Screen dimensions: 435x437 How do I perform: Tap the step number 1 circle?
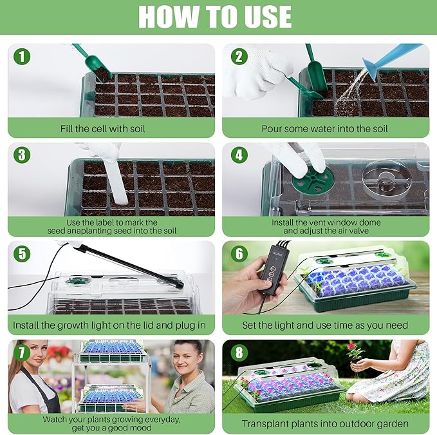(x=23, y=57)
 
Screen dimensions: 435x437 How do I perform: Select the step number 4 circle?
(x=237, y=155)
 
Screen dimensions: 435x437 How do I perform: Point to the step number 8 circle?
(x=237, y=353)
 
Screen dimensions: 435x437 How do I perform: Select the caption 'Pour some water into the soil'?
(x=325, y=128)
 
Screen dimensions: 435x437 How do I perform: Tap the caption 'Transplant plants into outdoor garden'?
(x=325, y=423)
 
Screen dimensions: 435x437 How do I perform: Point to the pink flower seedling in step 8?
(x=354, y=352)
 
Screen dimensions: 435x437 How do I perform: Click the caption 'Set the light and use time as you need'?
(x=325, y=325)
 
